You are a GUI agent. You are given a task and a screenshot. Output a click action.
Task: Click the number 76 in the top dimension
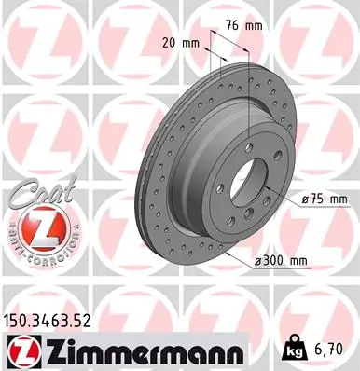click(233, 26)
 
